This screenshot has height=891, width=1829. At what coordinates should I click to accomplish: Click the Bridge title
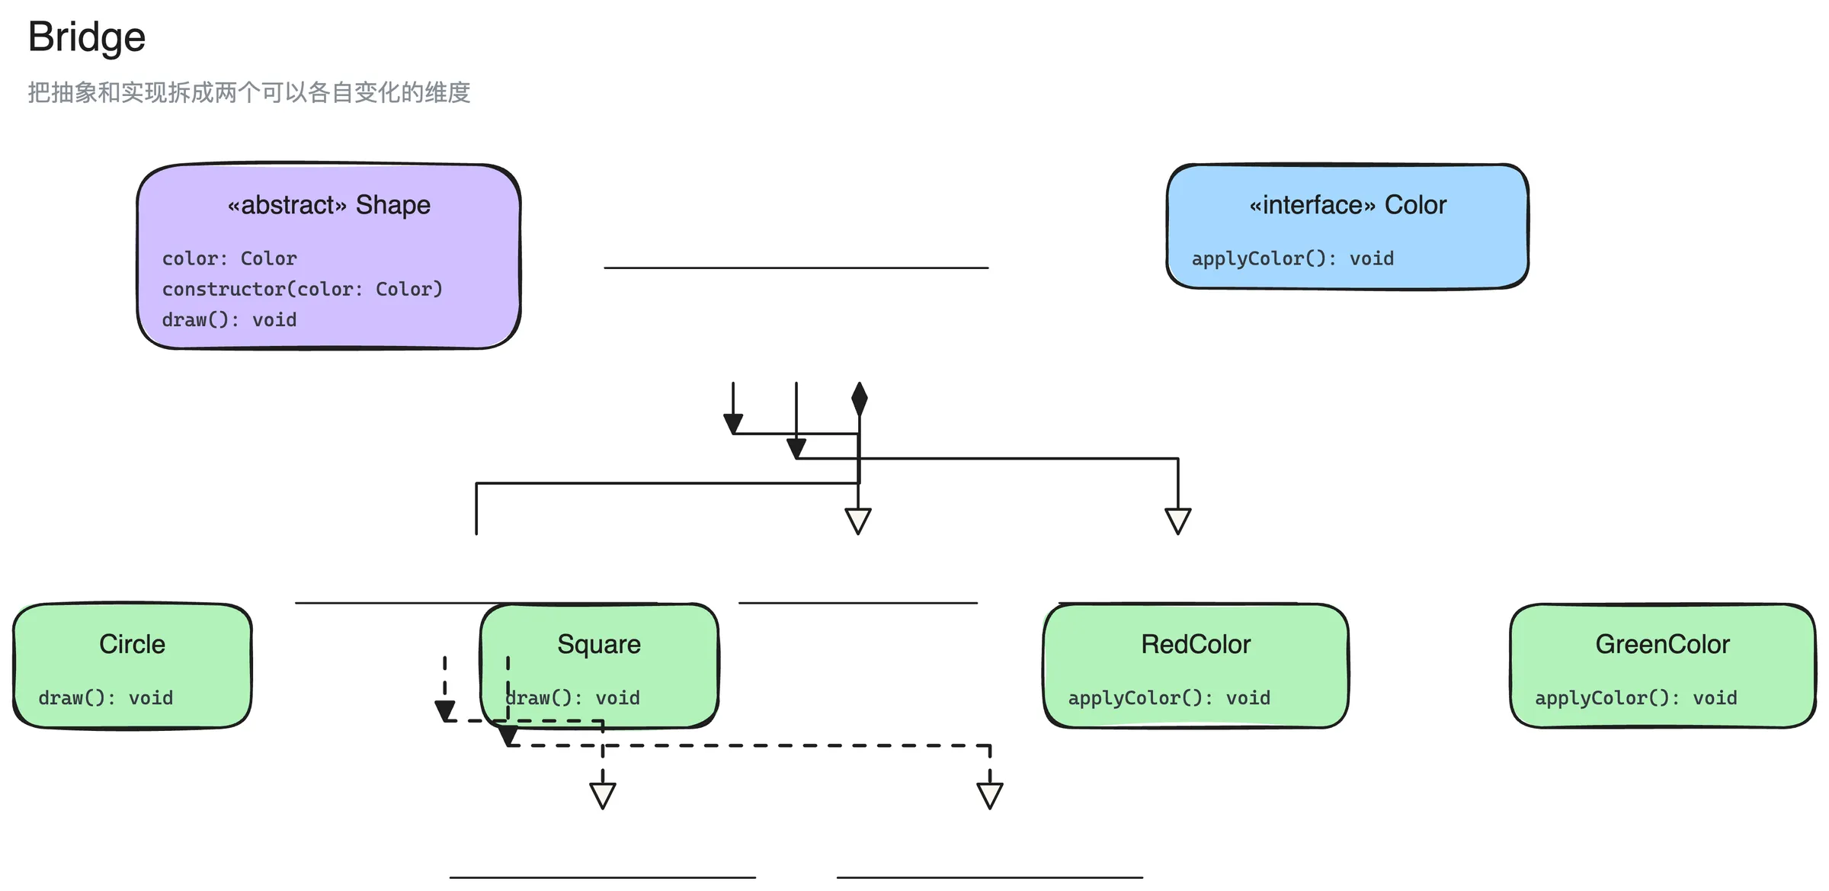[87, 37]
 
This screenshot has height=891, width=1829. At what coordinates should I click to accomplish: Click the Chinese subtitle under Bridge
[249, 92]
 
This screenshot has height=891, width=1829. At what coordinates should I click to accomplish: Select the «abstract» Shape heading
[329, 205]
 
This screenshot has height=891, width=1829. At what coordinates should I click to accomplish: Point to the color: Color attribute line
[229, 258]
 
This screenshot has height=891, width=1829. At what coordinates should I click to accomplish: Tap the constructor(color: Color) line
[302, 289]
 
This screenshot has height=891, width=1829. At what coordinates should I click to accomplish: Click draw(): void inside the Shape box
[229, 319]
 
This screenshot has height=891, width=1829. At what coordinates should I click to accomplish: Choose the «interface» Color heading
[1347, 205]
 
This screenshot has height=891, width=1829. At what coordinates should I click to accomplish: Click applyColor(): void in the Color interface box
[1292, 258]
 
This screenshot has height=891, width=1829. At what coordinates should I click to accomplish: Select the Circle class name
[133, 644]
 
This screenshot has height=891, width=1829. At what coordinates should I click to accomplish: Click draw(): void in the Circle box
[106, 697]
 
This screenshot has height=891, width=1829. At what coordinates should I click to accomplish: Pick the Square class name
[599, 644]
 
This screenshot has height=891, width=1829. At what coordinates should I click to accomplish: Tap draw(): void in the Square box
[573, 697]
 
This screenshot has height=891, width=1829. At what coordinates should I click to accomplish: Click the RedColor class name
[1196, 644]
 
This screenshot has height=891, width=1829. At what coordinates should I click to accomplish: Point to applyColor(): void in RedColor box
[1169, 697]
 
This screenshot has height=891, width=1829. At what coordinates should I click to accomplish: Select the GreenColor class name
[1663, 644]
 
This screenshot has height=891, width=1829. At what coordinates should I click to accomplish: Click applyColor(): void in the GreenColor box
[1636, 697]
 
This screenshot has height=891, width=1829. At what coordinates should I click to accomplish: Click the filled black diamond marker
[860, 399]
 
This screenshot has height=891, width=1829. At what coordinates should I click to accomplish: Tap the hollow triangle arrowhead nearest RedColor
[1178, 521]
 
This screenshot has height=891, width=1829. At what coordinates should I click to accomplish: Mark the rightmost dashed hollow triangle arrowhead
[990, 796]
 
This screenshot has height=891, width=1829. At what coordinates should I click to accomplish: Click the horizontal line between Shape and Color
[796, 268]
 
